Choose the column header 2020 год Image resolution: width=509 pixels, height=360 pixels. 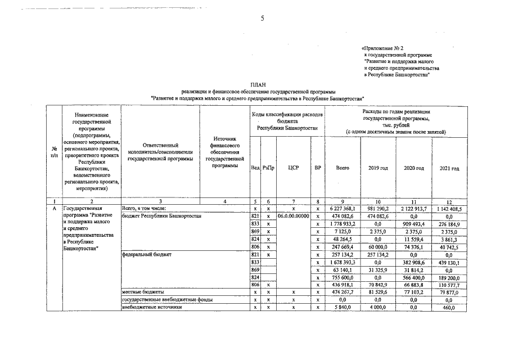[x=413, y=168]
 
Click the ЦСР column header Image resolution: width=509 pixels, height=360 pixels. [x=292, y=168]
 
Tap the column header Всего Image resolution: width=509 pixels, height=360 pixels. [x=343, y=168]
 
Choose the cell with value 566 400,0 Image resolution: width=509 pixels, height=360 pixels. [x=413, y=277]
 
